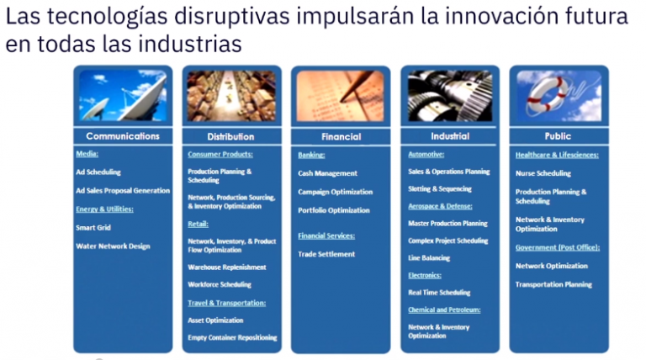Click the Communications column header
click(x=122, y=135)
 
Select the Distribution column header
click(x=230, y=136)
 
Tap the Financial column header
click(x=341, y=136)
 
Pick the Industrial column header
click(x=449, y=135)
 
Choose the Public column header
click(x=558, y=135)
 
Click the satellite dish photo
click(x=123, y=95)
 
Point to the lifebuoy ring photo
click(x=559, y=95)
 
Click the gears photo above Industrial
click(x=449, y=95)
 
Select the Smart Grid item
click(x=93, y=227)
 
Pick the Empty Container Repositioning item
click(x=232, y=337)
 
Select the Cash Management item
click(x=327, y=173)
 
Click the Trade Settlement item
click(x=326, y=254)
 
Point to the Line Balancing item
click(x=429, y=257)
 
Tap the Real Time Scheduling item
click(x=439, y=292)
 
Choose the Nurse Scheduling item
click(x=543, y=173)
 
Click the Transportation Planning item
click(x=553, y=284)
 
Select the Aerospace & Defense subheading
click(x=440, y=205)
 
